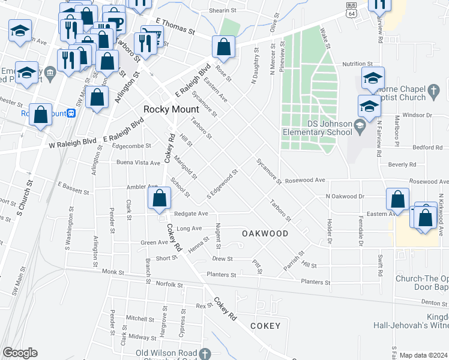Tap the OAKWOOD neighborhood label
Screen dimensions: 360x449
point(265,233)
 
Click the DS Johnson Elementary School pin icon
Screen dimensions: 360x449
point(360,125)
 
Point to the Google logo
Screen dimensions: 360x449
point(20,353)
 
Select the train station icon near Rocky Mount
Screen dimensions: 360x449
point(71,113)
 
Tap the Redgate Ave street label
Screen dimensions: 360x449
point(191,213)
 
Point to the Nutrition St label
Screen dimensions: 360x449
point(358,64)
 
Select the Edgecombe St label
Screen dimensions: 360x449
point(131,146)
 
